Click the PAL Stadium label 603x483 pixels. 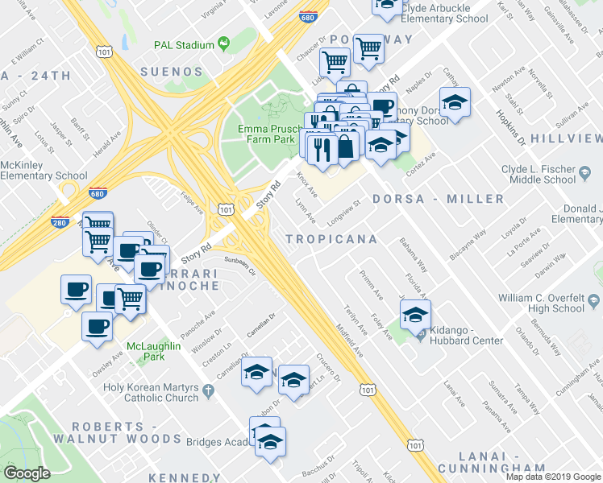pos(188,45)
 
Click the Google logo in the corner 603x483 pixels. pos(27,473)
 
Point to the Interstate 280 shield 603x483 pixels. pos(60,222)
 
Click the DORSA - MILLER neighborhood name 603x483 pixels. pos(439,198)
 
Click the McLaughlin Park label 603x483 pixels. pos(152,353)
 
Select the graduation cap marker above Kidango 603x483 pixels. pos(415,315)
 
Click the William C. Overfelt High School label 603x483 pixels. pos(541,303)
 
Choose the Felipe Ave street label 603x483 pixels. pos(192,202)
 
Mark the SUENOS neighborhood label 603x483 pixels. pos(172,72)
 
